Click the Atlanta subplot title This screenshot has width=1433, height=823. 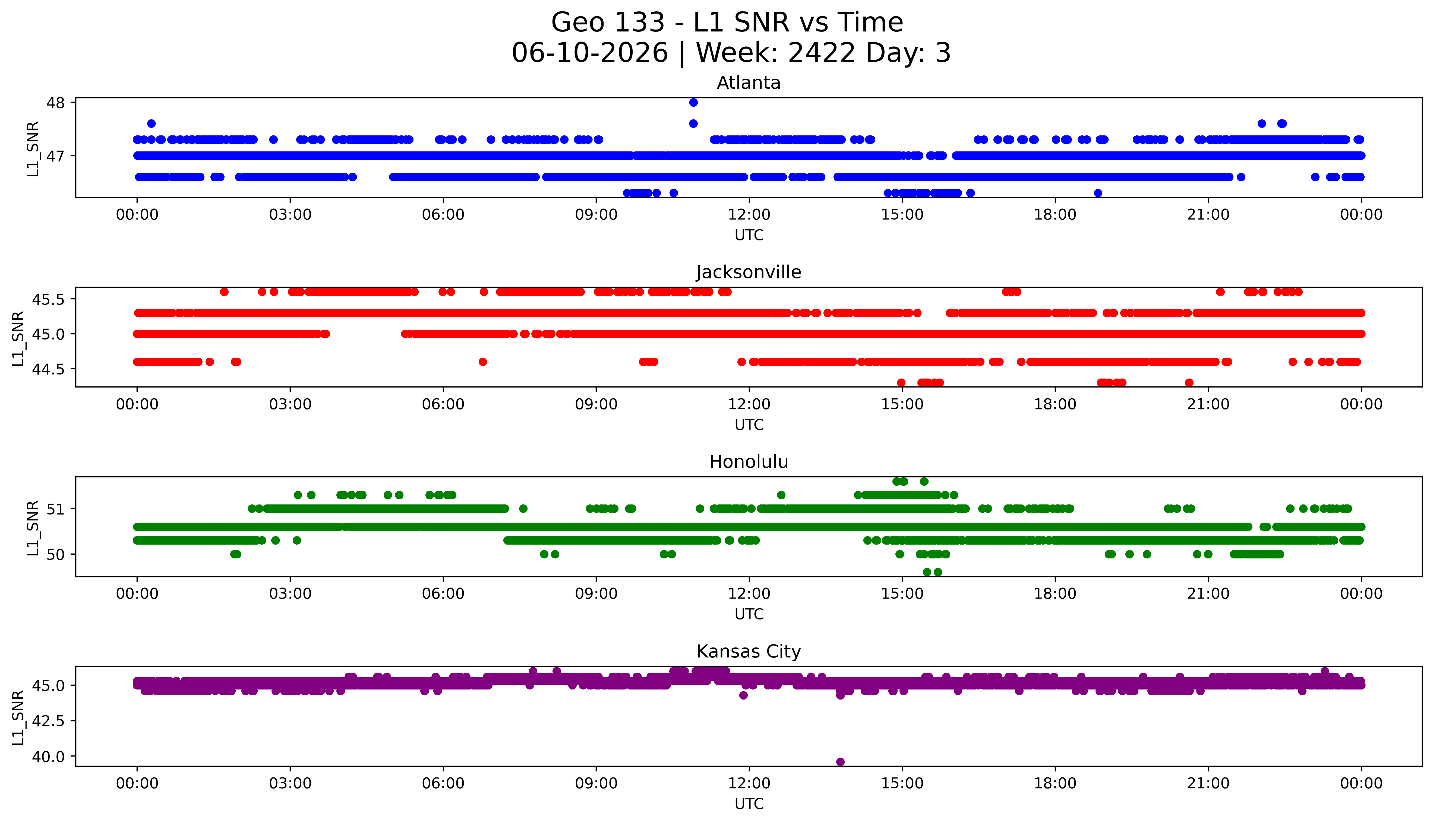point(749,83)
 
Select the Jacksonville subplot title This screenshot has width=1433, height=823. point(749,272)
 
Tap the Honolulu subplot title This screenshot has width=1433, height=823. point(749,462)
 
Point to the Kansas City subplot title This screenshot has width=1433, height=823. point(749,652)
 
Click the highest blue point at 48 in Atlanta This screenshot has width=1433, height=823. point(693,102)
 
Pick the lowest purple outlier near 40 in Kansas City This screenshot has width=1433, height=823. point(840,761)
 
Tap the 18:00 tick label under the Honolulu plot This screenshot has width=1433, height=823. point(1055,593)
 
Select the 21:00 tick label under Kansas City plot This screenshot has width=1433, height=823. point(1208,783)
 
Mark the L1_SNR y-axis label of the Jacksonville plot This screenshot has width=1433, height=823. point(19,338)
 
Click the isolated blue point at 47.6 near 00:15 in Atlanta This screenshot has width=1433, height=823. point(151,123)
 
